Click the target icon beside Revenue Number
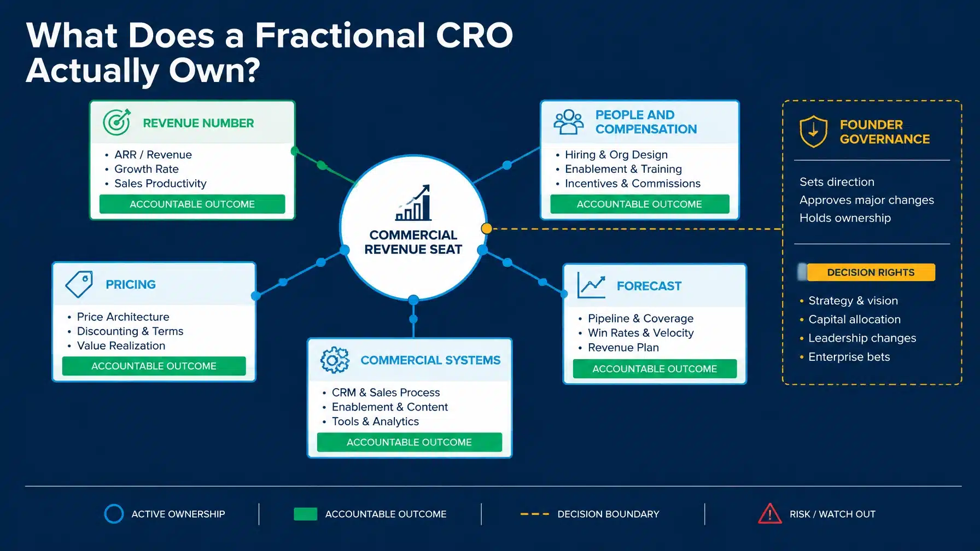point(116,122)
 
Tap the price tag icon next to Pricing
point(79,284)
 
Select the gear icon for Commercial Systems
point(335,360)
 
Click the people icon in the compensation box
point(569,122)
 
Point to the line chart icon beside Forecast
point(591,285)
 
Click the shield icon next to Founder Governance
point(813,131)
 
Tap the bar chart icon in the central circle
point(413,202)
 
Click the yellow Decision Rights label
point(871,272)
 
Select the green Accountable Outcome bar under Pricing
point(154,366)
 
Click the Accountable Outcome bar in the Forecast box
point(655,369)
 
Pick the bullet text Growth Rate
point(147,169)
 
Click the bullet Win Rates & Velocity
point(641,333)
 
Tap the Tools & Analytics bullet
point(375,421)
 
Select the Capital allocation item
point(854,319)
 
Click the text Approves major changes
point(867,200)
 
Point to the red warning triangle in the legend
point(770,514)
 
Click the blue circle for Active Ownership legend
point(114,514)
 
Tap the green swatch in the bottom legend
point(305,514)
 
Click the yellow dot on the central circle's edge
point(486,228)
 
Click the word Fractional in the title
point(341,36)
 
